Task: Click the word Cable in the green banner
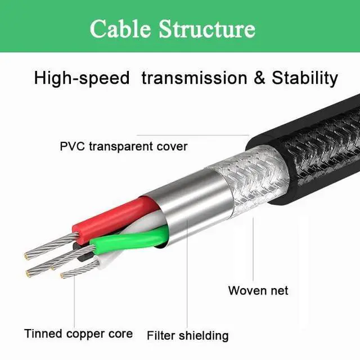pyautogui.click(x=120, y=28)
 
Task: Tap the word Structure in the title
pyautogui.click(x=206, y=28)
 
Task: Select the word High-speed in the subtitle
pyautogui.click(x=82, y=78)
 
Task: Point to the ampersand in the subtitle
pyautogui.click(x=259, y=78)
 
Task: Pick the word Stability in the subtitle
pyautogui.click(x=305, y=78)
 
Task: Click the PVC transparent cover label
pyautogui.click(x=124, y=147)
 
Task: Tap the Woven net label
pyautogui.click(x=258, y=290)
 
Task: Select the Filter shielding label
pyautogui.click(x=188, y=336)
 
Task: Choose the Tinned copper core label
pyautogui.click(x=78, y=334)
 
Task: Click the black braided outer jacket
pyautogui.click(x=315, y=146)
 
